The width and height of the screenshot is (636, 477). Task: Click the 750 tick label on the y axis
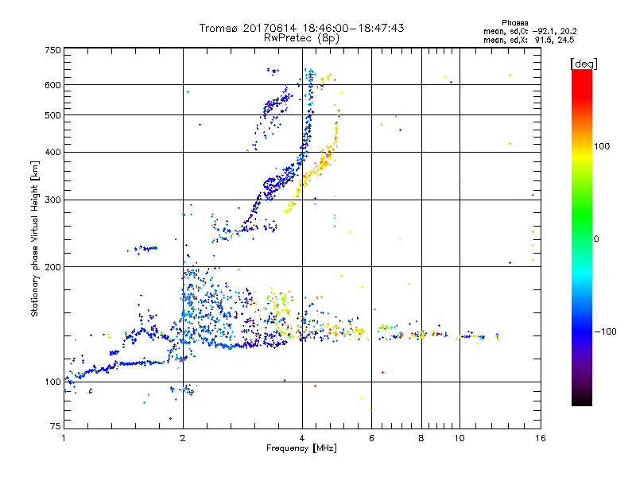[x=52, y=50]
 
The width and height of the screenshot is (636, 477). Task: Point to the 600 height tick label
[x=52, y=85]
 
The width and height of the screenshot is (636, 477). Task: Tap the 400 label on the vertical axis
[x=52, y=152]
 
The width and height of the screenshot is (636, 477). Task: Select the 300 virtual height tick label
[x=52, y=200]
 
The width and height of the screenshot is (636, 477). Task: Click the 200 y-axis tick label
[x=52, y=267]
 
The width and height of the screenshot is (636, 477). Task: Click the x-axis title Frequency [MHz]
[x=302, y=449]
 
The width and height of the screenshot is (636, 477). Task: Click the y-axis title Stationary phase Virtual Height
[x=35, y=238]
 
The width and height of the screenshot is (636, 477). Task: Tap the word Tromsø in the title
[x=218, y=28]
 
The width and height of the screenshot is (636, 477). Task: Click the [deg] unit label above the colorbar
[x=584, y=63]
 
